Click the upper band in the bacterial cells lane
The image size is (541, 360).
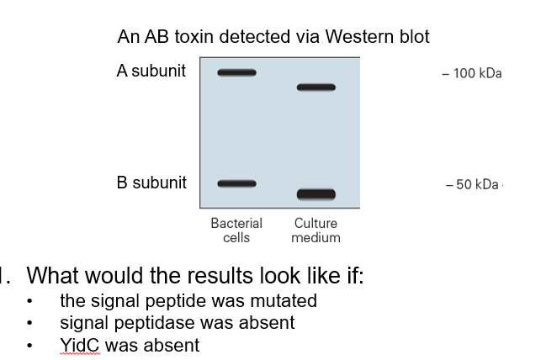click(236, 72)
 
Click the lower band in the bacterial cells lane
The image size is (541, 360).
click(236, 183)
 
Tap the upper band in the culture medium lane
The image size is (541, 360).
click(316, 87)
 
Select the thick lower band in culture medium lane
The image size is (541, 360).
click(316, 194)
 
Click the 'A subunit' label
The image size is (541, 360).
click(151, 71)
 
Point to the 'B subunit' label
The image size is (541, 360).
click(151, 183)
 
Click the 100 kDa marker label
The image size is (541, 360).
click(472, 73)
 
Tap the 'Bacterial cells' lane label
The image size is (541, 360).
click(236, 230)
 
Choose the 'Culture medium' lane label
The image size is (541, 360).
click(316, 230)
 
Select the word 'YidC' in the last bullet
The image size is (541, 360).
click(78, 345)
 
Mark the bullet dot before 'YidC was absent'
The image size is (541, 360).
click(31, 346)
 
